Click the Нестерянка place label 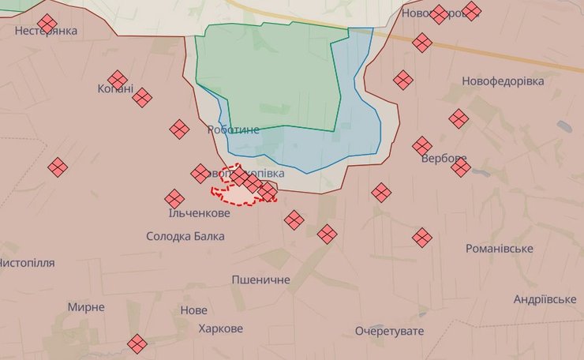click(47, 32)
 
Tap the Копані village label click(115, 89)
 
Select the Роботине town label click(233, 129)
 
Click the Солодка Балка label click(185, 236)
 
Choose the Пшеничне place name click(260, 279)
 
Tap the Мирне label click(85, 306)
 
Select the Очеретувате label click(389, 331)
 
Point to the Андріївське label click(545, 299)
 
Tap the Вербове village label click(444, 159)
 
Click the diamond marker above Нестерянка click(47, 23)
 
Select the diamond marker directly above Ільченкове click(174, 199)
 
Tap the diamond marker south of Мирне click(137, 343)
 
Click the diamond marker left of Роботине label click(179, 129)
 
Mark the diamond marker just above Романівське click(422, 237)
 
